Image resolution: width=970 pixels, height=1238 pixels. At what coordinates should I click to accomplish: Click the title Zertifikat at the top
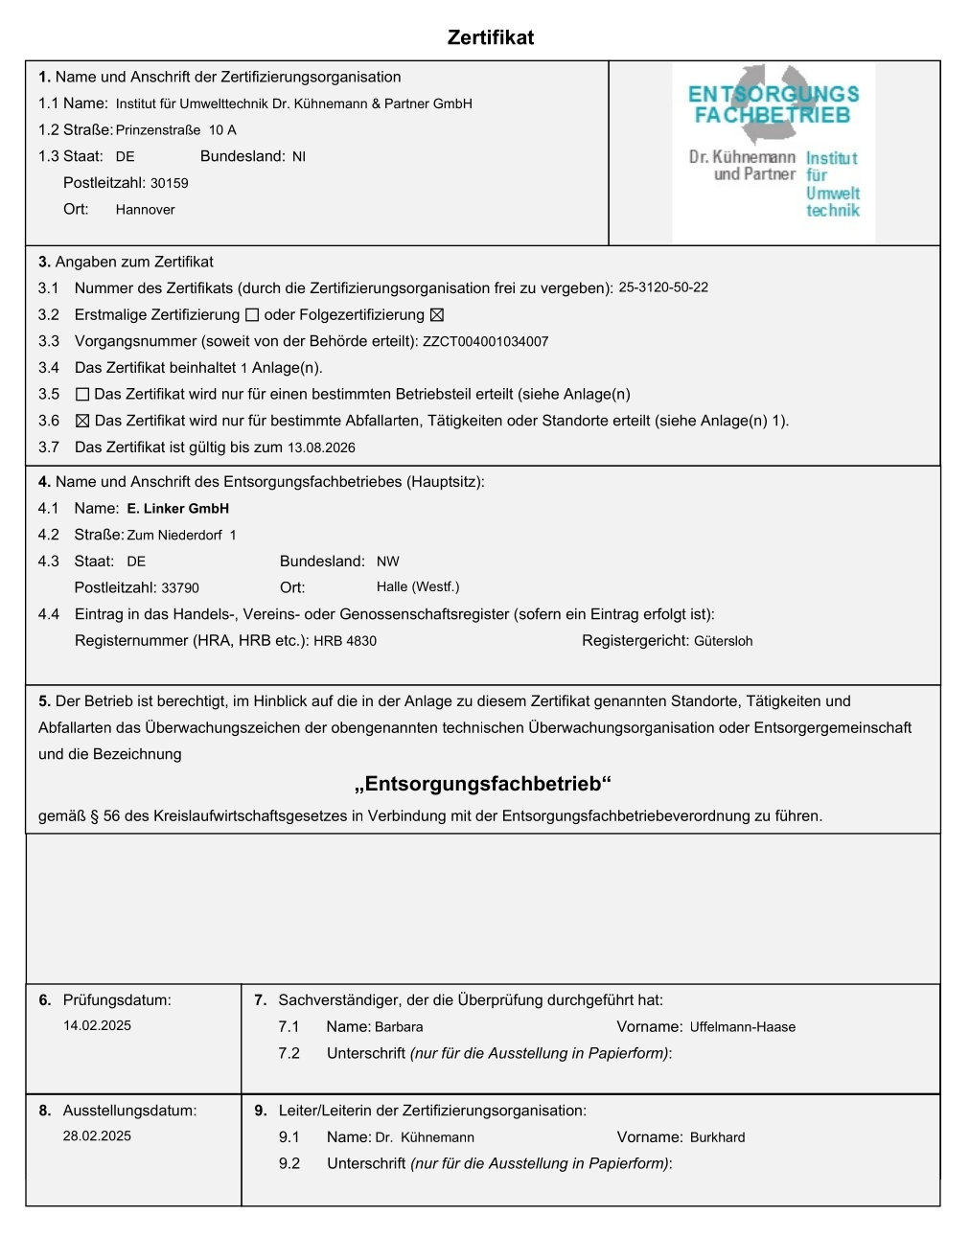(490, 37)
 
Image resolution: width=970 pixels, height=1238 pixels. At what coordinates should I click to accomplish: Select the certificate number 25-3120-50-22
(663, 287)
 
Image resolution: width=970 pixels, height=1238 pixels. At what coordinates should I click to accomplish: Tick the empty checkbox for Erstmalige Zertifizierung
(252, 315)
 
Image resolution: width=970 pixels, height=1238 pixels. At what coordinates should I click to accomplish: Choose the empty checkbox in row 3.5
(82, 394)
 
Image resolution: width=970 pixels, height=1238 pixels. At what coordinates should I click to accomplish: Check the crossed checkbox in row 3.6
(82, 421)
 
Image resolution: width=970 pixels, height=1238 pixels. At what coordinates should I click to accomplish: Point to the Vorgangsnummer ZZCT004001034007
(485, 341)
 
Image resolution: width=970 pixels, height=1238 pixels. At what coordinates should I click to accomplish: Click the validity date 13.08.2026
(321, 447)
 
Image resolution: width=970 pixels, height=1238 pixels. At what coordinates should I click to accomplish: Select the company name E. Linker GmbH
(177, 509)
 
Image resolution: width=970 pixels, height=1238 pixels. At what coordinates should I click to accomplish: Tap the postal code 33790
(180, 588)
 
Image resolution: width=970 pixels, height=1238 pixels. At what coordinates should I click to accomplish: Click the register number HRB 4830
(345, 641)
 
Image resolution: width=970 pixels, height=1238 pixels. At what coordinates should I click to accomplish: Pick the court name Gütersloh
(723, 641)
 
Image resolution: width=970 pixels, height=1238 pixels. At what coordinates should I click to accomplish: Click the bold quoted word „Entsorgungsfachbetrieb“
(483, 785)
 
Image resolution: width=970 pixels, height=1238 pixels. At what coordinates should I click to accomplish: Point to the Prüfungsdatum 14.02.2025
(97, 1025)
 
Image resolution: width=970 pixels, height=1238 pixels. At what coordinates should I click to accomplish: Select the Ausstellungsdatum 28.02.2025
(97, 1135)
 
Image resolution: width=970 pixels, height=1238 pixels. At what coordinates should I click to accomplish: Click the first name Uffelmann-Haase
(743, 1027)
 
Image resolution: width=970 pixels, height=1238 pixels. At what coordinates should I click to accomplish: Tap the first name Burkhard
(717, 1137)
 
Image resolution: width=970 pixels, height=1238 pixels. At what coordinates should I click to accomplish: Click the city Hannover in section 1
(145, 210)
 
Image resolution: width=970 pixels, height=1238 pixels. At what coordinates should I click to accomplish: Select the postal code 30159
(170, 183)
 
